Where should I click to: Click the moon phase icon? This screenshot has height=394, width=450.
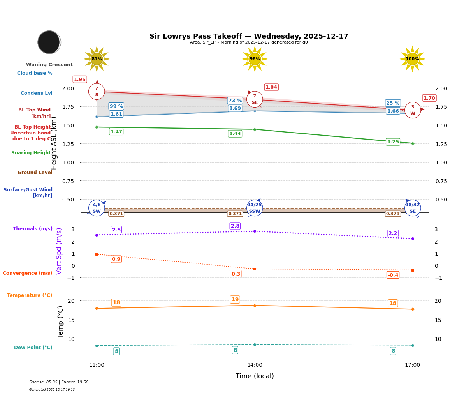[49, 42]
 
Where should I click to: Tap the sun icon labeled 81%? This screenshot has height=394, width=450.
[97, 59]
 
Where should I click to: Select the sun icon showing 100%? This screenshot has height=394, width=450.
[412, 59]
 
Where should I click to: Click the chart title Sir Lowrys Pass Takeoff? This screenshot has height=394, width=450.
[249, 36]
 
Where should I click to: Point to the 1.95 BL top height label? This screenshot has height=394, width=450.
[80, 80]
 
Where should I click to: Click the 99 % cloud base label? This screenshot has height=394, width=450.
[116, 106]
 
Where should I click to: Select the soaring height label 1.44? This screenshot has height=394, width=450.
[235, 134]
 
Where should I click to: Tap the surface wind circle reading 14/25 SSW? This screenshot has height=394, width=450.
[255, 208]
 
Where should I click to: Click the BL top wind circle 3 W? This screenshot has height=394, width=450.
[413, 110]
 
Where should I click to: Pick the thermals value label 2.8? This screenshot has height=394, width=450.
[235, 226]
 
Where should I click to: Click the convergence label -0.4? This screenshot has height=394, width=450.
[393, 275]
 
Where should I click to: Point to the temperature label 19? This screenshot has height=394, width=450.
[235, 300]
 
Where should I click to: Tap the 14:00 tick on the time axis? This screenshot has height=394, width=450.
[255, 365]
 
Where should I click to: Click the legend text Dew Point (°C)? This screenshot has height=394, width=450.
[33, 348]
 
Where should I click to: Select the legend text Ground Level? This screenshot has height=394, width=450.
[35, 173]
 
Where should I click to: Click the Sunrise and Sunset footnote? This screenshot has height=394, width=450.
[59, 382]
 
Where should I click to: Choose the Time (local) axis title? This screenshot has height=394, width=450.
[255, 376]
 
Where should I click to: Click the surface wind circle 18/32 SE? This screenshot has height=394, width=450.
[413, 208]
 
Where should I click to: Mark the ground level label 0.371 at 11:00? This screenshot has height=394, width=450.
[116, 214]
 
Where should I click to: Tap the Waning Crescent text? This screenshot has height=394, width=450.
[49, 65]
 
